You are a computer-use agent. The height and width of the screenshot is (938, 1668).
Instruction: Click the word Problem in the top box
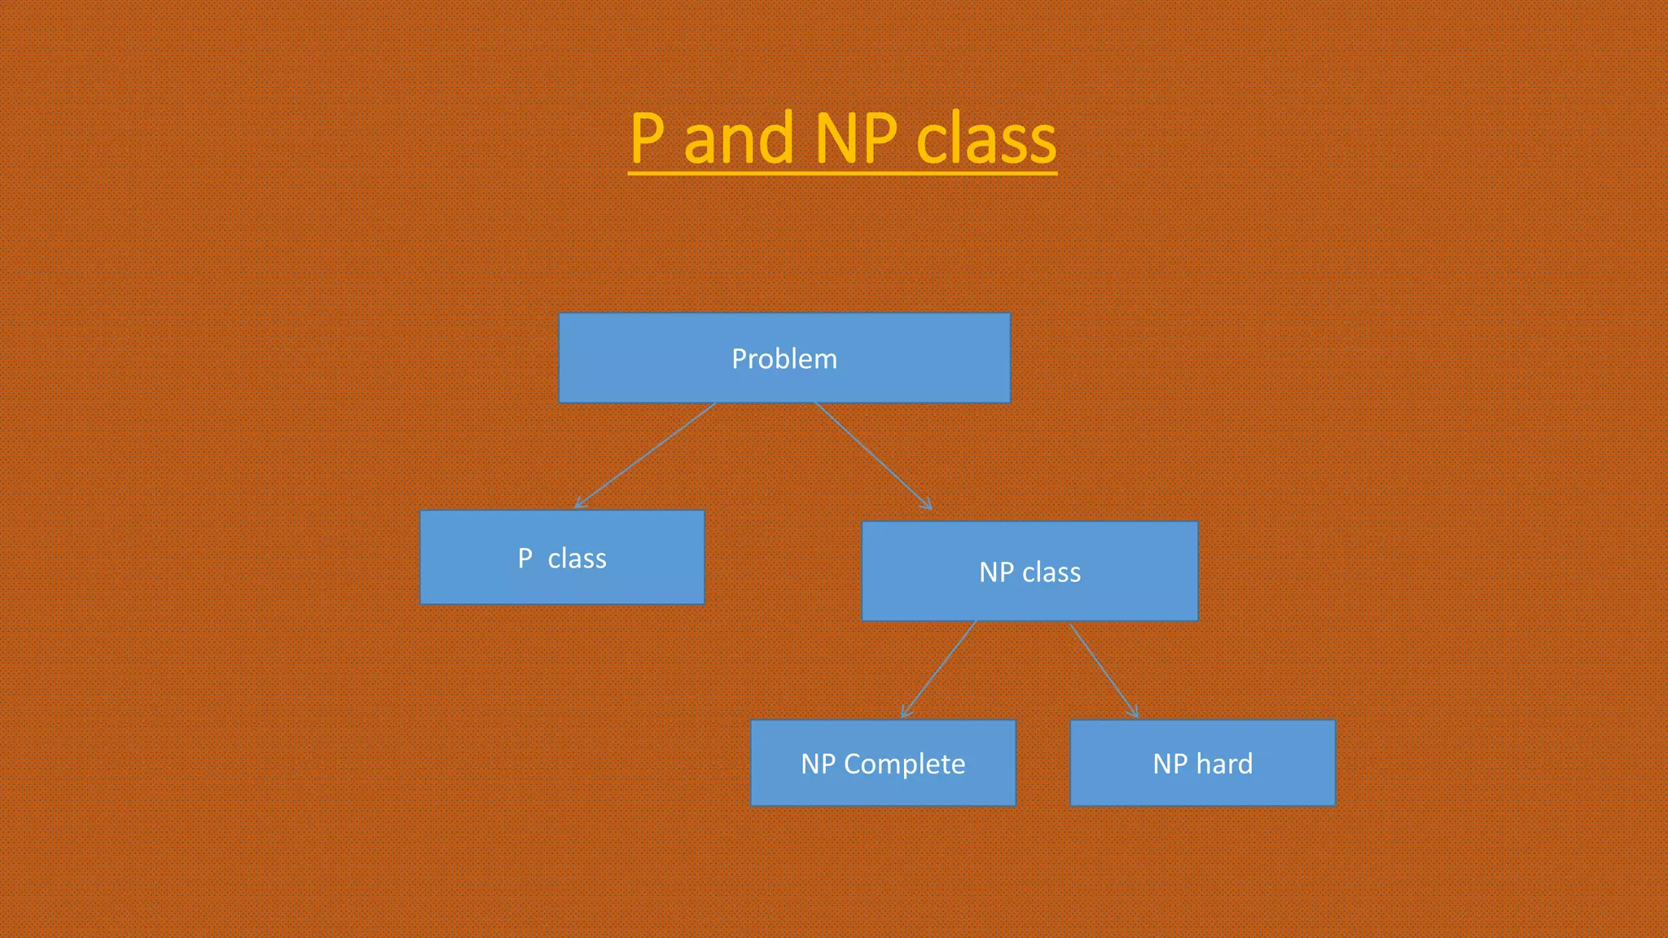(784, 359)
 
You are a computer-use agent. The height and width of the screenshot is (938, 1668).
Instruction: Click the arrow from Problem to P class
(645, 456)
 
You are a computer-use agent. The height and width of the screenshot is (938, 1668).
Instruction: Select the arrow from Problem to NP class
(873, 456)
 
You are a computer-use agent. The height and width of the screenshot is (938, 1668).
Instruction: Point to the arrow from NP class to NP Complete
(938, 669)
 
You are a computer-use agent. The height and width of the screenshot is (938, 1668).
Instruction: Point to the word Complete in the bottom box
(904, 764)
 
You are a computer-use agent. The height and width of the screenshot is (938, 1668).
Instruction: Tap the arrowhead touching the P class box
(579, 505)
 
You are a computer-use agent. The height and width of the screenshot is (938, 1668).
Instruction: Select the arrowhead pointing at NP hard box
(1134, 713)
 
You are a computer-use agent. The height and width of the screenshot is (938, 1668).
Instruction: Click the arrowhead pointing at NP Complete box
(905, 713)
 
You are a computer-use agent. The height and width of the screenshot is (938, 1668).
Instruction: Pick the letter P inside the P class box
(525, 559)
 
